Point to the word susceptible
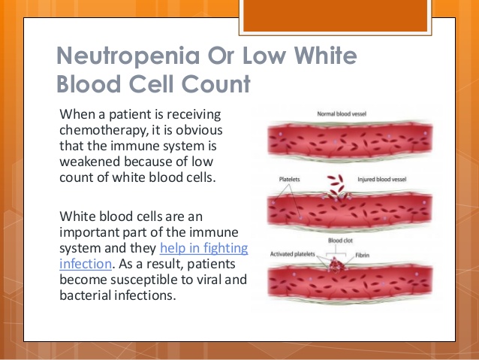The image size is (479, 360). pyautogui.click(x=141, y=280)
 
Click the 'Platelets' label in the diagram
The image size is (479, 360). pyautogui.click(x=290, y=179)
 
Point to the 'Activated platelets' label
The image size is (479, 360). pyautogui.click(x=292, y=255)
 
